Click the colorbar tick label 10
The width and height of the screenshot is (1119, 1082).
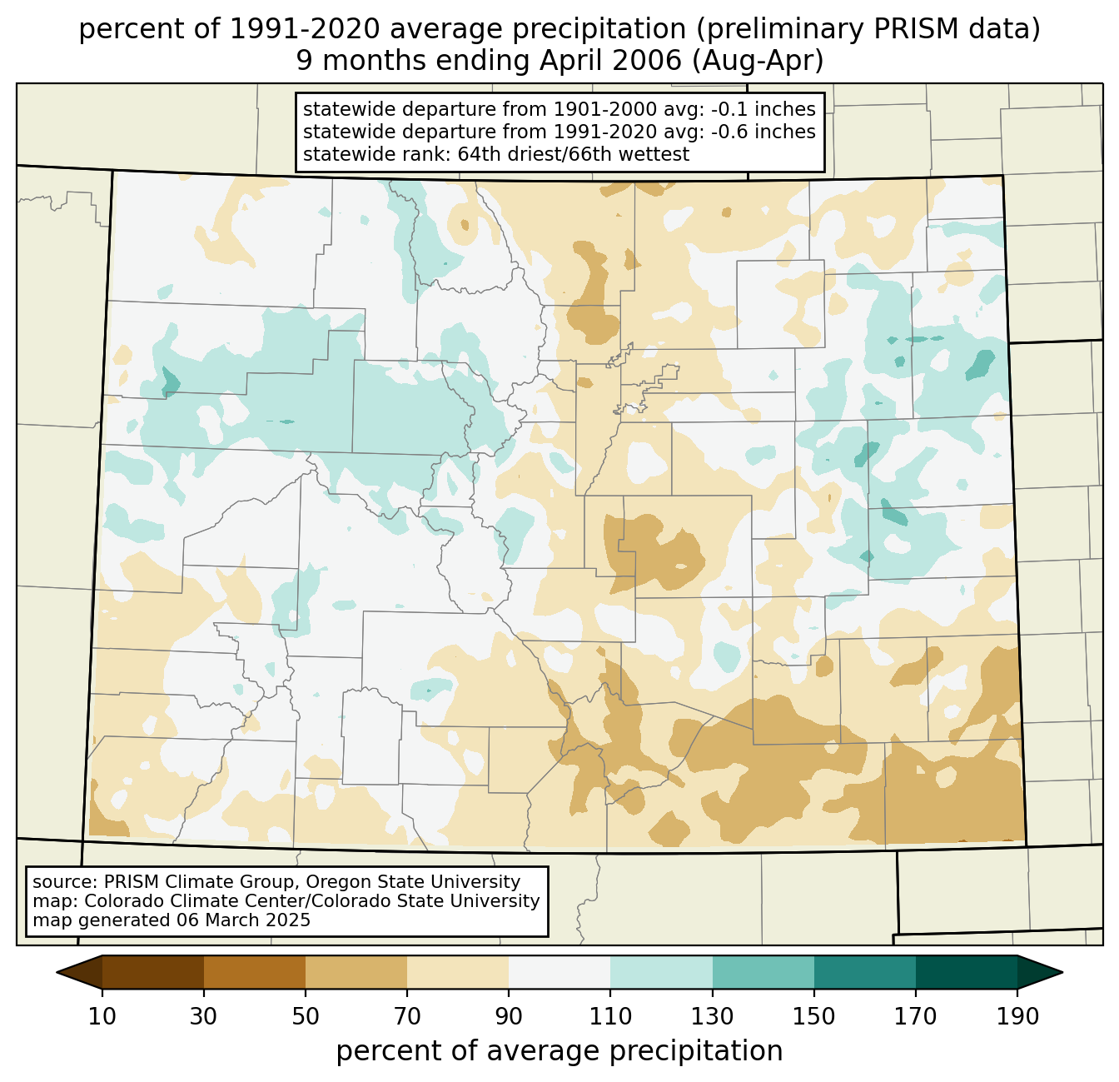tap(102, 1016)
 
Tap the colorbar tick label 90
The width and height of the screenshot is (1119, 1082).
tap(509, 1016)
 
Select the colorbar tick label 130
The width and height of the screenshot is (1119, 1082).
tap(712, 1016)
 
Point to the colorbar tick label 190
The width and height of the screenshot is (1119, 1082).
tap(1017, 1016)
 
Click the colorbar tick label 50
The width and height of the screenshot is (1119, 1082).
tap(306, 1016)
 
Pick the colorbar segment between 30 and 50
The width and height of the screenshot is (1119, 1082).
tap(255, 972)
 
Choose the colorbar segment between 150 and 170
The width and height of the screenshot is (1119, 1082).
tap(865, 972)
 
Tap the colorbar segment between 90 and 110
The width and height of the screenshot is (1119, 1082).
tap(559, 972)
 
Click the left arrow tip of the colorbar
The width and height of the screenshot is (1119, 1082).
tap(57, 972)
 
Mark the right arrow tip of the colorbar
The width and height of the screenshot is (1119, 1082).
tap(1062, 972)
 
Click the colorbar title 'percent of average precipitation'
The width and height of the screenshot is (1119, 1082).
tap(559, 1051)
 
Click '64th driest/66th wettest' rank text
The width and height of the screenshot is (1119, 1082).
tap(574, 154)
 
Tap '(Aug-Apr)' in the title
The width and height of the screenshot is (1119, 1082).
tap(758, 61)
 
